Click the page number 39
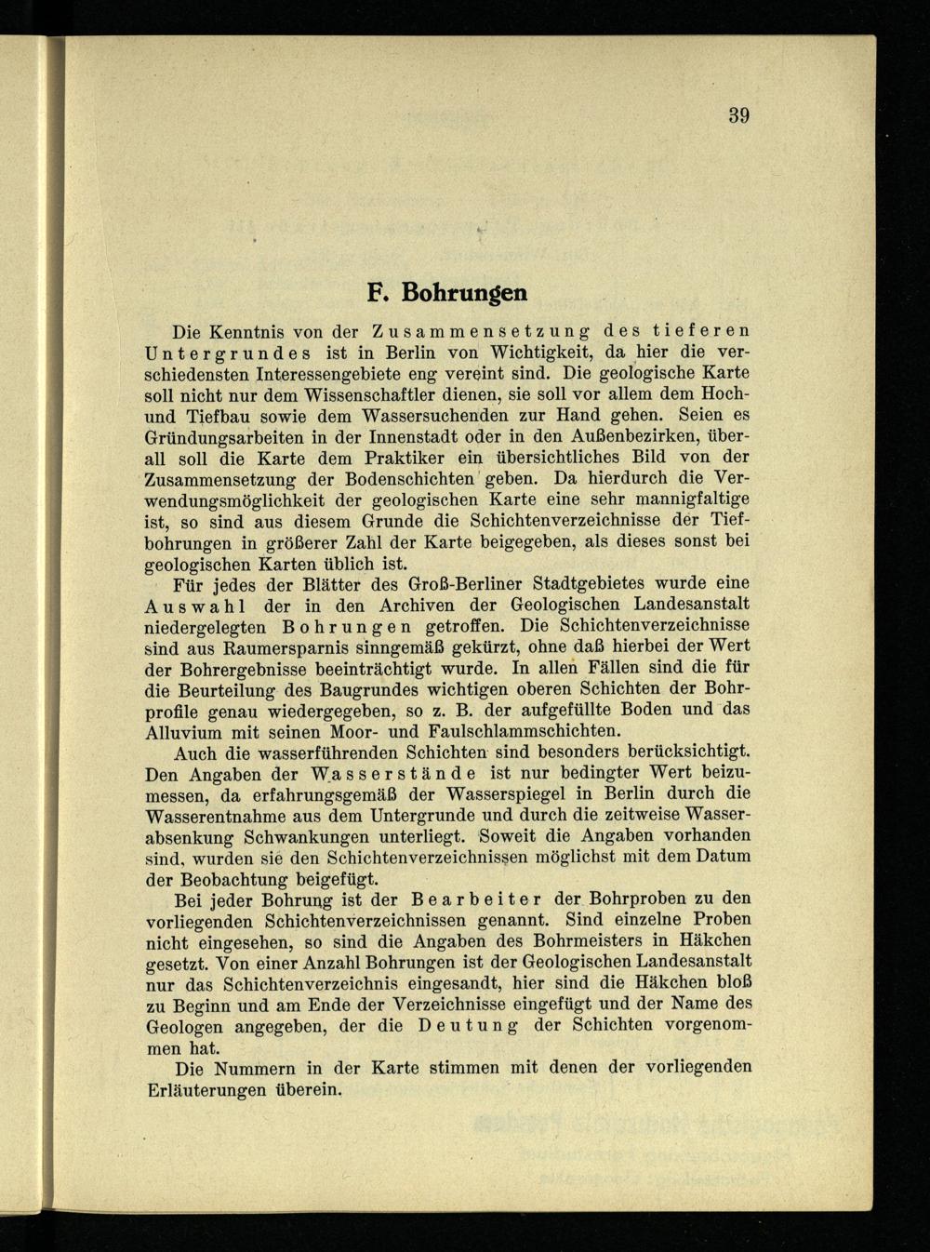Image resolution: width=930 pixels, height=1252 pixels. point(738,116)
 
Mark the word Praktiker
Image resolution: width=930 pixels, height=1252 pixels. point(392,457)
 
